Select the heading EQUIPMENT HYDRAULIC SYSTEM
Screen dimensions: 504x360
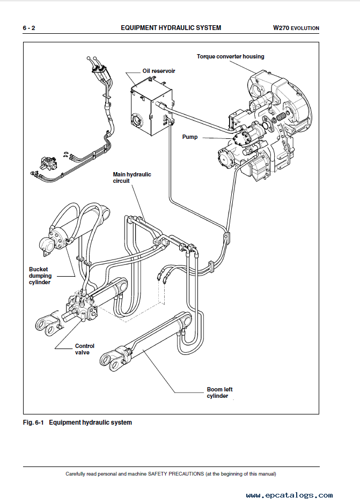pos(171,28)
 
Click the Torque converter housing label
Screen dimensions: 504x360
pos(230,56)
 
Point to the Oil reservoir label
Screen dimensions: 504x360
pos(158,71)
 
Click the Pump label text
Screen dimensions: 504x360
pos(189,137)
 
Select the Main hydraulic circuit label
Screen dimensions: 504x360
pos(132,177)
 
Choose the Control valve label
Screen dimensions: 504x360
pos(85,349)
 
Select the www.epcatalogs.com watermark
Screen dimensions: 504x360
pos(290,495)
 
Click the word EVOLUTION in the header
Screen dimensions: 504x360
pos(305,28)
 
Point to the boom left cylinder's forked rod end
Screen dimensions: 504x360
pos(114,360)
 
